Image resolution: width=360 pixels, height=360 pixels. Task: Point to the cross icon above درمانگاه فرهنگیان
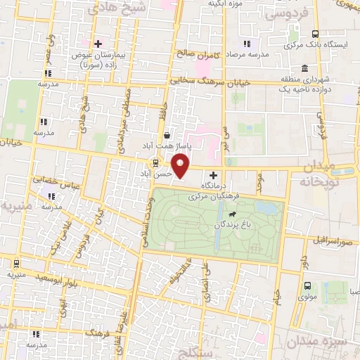pos(214,174)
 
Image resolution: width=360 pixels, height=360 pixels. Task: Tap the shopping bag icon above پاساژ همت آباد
pos(166,136)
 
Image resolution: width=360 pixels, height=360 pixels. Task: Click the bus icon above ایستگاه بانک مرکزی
pos(315,34)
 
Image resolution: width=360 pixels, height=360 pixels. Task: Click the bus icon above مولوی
pos(307,285)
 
